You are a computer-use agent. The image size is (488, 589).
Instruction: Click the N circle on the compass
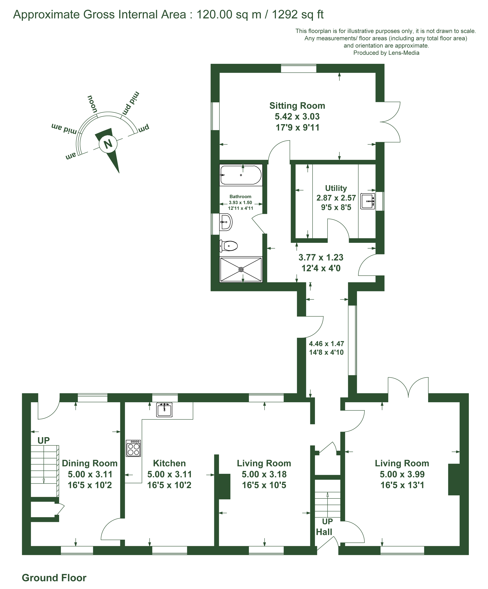click(108, 144)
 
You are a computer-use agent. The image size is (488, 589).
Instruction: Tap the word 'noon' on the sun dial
click(92, 104)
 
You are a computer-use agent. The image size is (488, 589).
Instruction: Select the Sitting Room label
click(297, 106)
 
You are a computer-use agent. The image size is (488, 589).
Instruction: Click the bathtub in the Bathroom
click(241, 175)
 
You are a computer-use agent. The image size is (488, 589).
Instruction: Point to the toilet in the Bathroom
click(229, 246)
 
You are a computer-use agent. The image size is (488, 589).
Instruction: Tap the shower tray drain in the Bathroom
click(241, 270)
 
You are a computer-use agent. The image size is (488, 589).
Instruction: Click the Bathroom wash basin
click(226, 222)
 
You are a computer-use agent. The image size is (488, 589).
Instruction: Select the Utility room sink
click(368, 201)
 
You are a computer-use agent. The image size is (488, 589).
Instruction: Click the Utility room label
click(336, 188)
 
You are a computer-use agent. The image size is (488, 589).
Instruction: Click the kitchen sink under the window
click(164, 410)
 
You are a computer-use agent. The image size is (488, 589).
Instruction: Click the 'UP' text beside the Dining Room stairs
click(44, 441)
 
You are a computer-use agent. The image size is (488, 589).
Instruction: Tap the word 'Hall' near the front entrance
click(324, 532)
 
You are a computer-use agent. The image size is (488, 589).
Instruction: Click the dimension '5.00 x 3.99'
click(402, 474)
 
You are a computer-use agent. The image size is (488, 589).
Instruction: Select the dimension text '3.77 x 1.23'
click(321, 257)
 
